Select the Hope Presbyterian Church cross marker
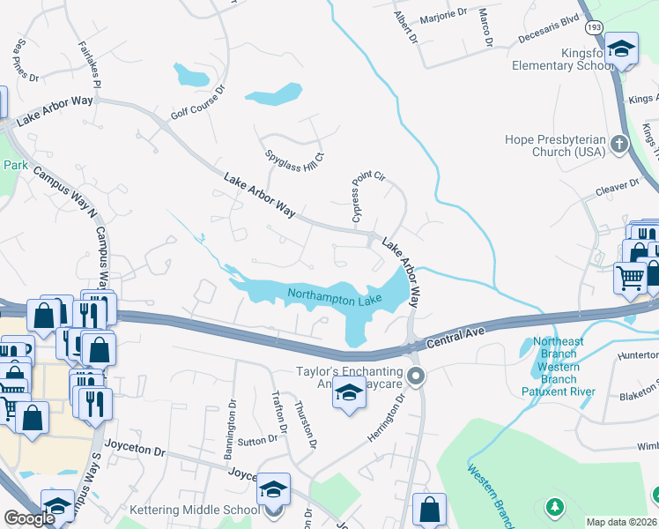(x=619, y=143)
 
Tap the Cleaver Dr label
(x=617, y=186)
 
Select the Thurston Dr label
(x=305, y=423)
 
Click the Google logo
(x=29, y=518)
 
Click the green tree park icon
(x=554, y=507)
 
